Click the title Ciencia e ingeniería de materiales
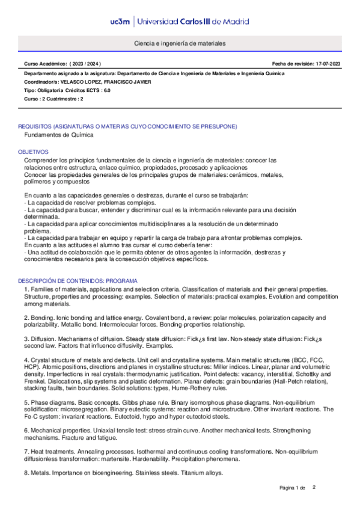coord(180,46)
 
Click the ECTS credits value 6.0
coord(107,90)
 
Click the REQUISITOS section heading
coord(127,127)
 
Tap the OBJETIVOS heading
coord(33,153)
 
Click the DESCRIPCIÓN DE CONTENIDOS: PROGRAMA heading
coord(78,281)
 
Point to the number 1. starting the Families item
coord(26,290)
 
